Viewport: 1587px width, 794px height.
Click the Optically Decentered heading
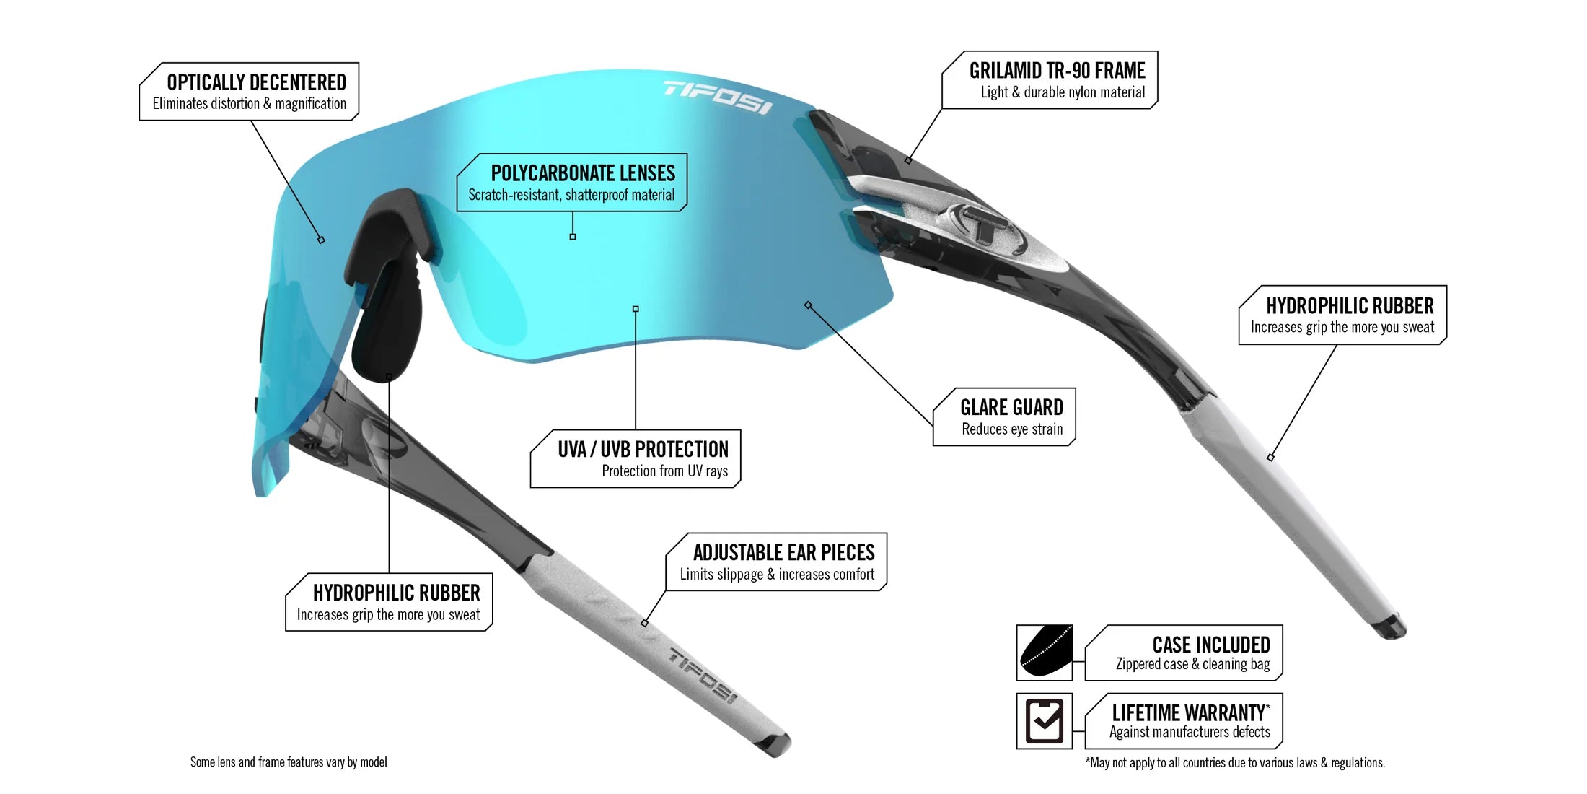pyautogui.click(x=256, y=82)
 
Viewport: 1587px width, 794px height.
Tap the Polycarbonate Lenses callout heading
pyautogui.click(x=583, y=173)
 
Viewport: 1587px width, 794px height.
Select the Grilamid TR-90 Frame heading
pyautogui.click(x=1057, y=71)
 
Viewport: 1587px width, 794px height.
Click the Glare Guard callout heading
pyautogui.click(x=1011, y=408)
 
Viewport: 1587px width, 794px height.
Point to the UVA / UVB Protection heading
pyautogui.click(x=643, y=450)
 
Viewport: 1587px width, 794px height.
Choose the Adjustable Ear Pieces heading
pyautogui.click(x=783, y=553)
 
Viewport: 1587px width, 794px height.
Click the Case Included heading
pyautogui.click(x=1210, y=645)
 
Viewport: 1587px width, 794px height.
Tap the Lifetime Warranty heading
pyautogui.click(x=1190, y=713)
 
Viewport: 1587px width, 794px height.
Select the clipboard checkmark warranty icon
pyautogui.click(x=1044, y=720)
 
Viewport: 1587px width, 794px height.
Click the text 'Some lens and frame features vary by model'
pyautogui.click(x=289, y=762)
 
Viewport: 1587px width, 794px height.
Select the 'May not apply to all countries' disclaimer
pyautogui.click(x=1235, y=763)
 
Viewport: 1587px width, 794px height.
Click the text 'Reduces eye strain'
pyautogui.click(x=1012, y=429)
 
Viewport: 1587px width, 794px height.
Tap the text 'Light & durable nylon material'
pyautogui.click(x=1063, y=92)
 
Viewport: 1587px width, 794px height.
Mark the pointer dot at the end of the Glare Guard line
pyautogui.click(x=808, y=305)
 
